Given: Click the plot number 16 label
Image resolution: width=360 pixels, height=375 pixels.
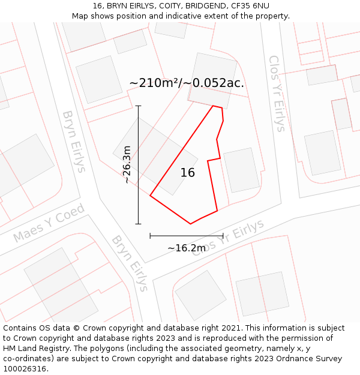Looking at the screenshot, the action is [187, 173].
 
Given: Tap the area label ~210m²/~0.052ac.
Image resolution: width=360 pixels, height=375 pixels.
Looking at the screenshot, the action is [187, 83].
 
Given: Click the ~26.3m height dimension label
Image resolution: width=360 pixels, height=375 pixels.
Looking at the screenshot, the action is [127, 164].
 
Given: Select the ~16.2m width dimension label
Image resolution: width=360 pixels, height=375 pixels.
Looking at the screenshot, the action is [187, 248].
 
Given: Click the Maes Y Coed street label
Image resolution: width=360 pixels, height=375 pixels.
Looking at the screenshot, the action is [49, 223].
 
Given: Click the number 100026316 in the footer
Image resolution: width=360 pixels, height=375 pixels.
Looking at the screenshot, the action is [26, 368].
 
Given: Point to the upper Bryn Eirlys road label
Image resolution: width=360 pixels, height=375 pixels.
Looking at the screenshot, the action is [74, 141].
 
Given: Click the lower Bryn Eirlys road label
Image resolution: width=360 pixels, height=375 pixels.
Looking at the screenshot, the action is [130, 263].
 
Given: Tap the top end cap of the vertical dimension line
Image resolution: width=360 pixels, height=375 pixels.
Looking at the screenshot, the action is [139, 106].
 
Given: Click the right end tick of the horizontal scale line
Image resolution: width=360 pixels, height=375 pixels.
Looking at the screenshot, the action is [223, 236].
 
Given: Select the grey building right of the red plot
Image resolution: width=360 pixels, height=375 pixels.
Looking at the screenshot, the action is [241, 170].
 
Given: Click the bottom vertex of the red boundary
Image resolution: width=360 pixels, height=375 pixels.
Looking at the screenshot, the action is [191, 224].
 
